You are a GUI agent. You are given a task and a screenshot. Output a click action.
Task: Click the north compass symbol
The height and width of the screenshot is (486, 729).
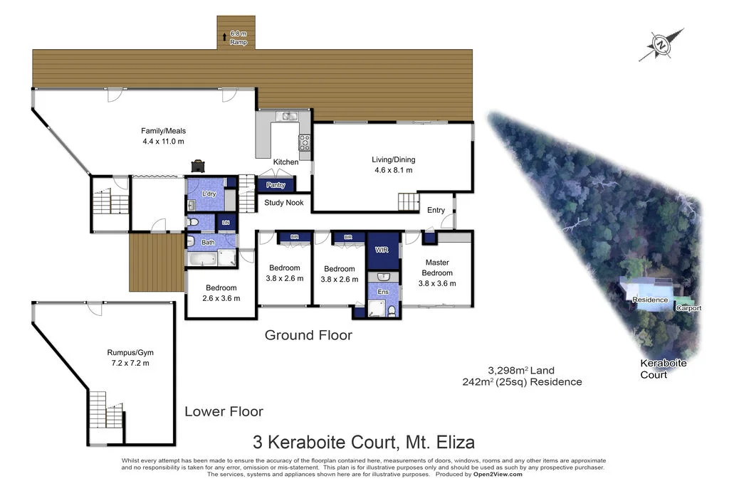coord(662,44)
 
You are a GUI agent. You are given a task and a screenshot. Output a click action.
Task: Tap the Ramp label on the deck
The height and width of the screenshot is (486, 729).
coord(238,42)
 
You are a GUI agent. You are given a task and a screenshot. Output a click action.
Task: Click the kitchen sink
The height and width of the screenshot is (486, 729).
coord(289,116)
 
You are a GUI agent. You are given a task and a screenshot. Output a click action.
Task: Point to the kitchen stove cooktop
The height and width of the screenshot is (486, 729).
coord(304,141)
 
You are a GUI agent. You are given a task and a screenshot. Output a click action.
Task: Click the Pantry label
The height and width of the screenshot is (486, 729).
coord(276,186)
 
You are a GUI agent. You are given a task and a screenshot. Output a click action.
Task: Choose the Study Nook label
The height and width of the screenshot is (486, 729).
coord(284,203)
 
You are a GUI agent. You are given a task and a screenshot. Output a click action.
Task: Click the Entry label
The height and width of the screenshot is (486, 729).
coord(436,210)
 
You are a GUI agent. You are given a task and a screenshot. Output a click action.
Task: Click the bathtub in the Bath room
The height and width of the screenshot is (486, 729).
coord(203,258)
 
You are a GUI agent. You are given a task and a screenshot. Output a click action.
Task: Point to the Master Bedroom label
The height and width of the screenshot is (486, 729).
coord(437,268)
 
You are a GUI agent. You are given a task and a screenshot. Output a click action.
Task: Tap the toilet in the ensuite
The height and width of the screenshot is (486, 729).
coord(392,310)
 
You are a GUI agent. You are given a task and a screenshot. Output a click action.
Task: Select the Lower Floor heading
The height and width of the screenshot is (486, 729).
coord(224,411)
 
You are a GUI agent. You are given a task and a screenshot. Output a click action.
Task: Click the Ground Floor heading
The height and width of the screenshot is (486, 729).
coord(308,334)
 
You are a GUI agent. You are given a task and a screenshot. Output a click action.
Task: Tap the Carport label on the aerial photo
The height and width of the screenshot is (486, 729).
coord(688,308)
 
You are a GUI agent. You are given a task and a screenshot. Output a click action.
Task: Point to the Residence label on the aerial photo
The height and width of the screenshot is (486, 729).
coord(651,300)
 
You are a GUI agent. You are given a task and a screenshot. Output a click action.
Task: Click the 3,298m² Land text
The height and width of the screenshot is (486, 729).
coord(521,370)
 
